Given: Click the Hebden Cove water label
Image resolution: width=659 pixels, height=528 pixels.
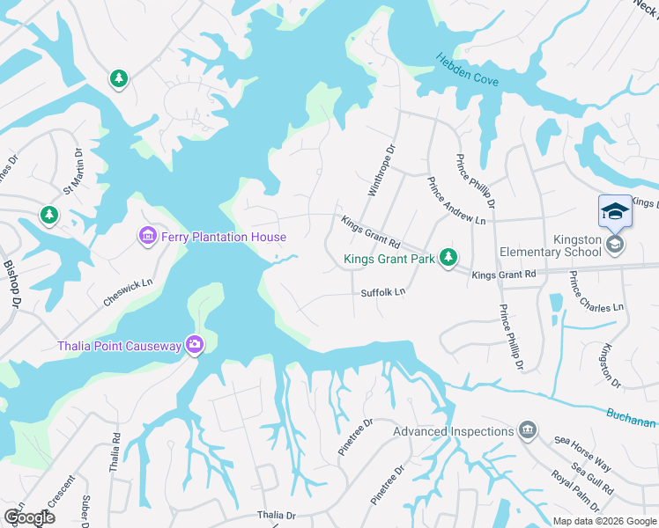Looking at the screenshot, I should coord(467,70).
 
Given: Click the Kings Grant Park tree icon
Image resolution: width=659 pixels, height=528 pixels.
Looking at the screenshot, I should coord(449,257).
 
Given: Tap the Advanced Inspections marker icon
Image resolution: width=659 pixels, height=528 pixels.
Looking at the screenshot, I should coord(528,430).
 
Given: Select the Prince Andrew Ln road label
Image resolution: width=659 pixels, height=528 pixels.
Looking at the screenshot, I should coord(456,201).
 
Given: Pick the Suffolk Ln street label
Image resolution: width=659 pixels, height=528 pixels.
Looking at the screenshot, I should coord(382,291).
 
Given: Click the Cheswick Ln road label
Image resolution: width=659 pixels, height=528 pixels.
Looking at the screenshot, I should coord(128,288).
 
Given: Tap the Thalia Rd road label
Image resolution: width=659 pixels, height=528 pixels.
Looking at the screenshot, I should coord(115,452).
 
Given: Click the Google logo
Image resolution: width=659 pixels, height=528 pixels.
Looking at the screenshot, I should coord(29,517).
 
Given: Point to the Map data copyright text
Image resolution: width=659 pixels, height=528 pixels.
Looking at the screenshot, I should coord(604,521).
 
